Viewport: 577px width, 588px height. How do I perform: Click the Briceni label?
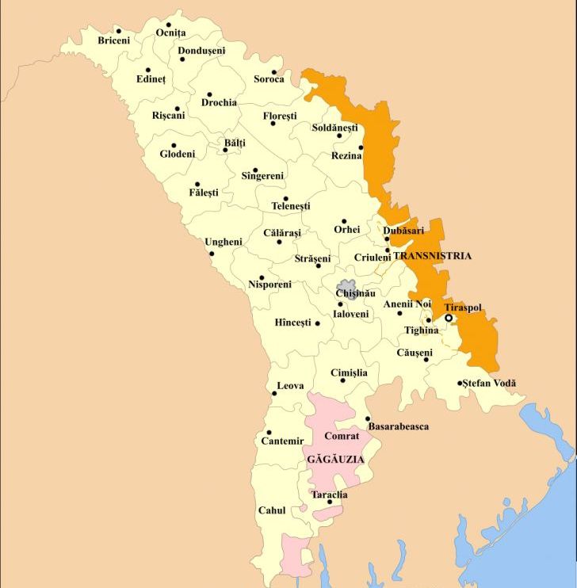pyautogui.click(x=113, y=40)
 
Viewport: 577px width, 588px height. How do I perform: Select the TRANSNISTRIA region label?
pyautogui.click(x=432, y=256)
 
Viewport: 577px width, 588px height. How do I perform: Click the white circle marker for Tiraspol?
pyautogui.click(x=448, y=318)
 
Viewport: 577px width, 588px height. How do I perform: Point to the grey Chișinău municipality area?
pyautogui.click(x=346, y=289)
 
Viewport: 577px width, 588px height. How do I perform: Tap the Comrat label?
pyautogui.click(x=342, y=436)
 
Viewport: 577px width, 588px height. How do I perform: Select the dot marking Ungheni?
pyautogui.click(x=211, y=254)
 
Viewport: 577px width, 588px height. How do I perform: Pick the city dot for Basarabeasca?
pyautogui.click(x=368, y=419)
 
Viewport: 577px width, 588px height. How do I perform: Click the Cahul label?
pyautogui.click(x=272, y=511)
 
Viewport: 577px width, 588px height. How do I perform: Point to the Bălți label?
pyautogui.click(x=235, y=143)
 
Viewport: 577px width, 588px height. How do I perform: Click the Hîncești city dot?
pyautogui.click(x=317, y=323)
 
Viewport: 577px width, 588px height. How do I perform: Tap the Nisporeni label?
pyautogui.click(x=269, y=284)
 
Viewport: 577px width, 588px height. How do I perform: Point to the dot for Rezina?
pyautogui.click(x=361, y=147)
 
